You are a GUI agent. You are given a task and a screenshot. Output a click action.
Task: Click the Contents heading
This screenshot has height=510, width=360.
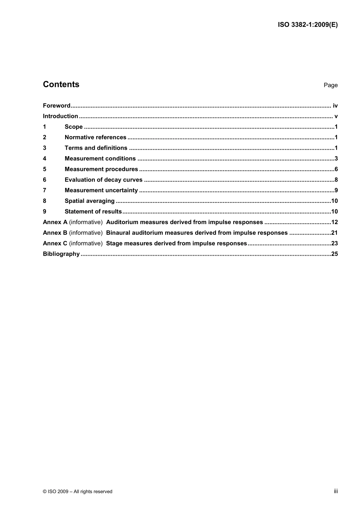[61, 84]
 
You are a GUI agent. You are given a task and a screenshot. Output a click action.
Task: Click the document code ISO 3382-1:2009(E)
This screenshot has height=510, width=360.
[308, 25]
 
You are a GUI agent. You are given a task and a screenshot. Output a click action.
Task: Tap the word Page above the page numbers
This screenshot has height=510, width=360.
[330, 85]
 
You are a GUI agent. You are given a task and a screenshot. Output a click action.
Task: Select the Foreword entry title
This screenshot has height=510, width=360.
[56, 106]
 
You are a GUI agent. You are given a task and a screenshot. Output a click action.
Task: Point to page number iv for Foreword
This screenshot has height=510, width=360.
[335, 106]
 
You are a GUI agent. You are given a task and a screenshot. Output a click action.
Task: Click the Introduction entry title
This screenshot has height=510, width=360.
[60, 116]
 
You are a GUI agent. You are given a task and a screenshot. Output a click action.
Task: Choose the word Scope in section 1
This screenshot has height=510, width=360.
[74, 127]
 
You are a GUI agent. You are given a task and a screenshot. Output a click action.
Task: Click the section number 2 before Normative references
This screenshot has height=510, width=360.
[45, 138]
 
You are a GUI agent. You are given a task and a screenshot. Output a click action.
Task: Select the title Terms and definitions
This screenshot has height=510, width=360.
[96, 148]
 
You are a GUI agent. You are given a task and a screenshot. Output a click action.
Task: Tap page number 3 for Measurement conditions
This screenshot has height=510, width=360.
[336, 159]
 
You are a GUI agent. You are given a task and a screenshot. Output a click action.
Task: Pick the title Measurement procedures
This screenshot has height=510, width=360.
[101, 169]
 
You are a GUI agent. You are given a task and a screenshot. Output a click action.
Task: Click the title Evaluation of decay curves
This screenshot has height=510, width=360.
[103, 180]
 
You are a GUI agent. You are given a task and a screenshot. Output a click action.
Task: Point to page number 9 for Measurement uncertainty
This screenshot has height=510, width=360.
[336, 191]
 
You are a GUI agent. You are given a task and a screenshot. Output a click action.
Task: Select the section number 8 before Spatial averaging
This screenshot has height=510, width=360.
[45, 201]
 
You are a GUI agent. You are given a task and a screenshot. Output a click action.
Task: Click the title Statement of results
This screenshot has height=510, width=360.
[93, 212]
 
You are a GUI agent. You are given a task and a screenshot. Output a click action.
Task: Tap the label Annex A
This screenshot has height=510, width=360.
[55, 223]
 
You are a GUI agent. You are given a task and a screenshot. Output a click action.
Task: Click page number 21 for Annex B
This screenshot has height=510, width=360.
[334, 233]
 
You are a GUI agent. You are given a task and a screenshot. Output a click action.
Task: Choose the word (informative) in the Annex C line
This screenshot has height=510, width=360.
[86, 244]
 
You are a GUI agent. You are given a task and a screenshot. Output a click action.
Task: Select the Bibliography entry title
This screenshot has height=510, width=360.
[61, 254]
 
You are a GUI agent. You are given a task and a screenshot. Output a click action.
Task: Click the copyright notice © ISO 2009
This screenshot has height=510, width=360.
[77, 491]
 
